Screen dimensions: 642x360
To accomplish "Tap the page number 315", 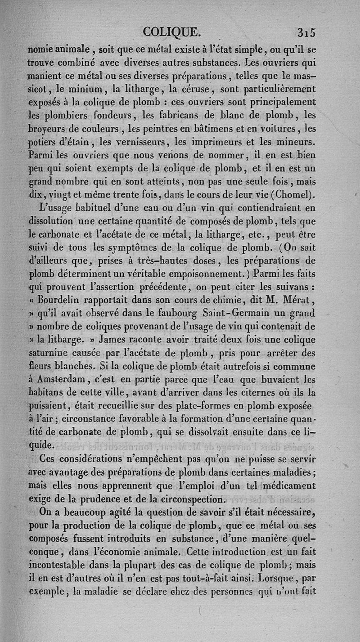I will click(x=307, y=32).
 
